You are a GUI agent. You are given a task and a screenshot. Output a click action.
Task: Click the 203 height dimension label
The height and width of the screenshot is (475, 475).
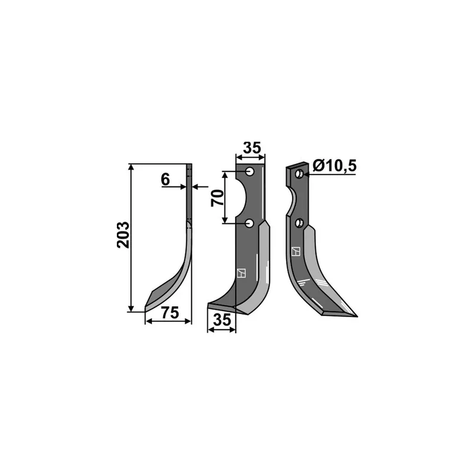123,235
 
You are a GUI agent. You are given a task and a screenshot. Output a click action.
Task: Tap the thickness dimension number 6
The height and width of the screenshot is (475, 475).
166,180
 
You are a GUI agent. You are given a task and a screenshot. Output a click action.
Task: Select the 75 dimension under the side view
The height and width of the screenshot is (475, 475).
170,313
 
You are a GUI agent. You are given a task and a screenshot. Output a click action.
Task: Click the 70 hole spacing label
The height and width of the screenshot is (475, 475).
217,198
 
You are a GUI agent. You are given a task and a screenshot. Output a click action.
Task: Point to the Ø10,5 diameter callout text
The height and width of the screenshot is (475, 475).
334,166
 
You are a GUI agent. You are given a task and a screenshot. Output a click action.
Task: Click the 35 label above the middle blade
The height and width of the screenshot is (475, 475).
252,148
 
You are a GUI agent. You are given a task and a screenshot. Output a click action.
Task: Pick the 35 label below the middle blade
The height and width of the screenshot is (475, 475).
222,320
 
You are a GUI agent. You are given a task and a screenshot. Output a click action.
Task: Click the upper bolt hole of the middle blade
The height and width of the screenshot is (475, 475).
250,172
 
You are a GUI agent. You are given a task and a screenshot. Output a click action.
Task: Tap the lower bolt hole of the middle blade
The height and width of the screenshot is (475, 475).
250,224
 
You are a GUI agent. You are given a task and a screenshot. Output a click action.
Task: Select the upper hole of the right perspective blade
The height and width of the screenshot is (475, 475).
299,174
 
